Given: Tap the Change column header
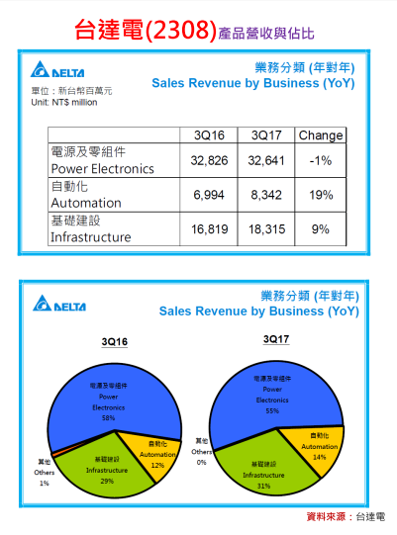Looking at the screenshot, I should click(320, 135).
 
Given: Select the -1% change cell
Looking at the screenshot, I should click(321, 160).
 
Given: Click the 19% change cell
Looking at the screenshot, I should click(321, 196).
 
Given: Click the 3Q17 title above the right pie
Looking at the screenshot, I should click(276, 339).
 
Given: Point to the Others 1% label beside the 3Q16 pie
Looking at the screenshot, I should click(44, 472).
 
